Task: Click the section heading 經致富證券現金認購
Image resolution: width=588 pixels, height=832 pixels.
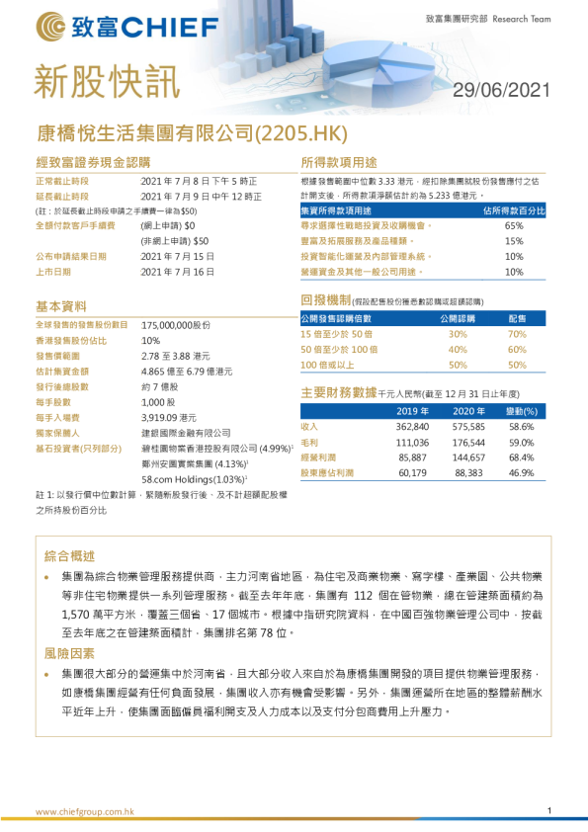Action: tap(94, 162)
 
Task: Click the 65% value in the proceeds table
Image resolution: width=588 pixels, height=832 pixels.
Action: tap(514, 225)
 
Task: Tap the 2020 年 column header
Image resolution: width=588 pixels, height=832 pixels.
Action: tap(469, 410)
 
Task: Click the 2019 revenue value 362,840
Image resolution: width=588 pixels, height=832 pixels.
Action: tap(412, 426)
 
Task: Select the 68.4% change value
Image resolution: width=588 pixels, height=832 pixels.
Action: tap(521, 458)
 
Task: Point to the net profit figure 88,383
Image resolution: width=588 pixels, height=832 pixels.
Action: tap(469, 473)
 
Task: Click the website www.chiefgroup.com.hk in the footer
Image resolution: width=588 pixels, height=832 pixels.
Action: tap(85, 812)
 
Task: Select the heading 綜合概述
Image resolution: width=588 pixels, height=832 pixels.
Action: tap(69, 555)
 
